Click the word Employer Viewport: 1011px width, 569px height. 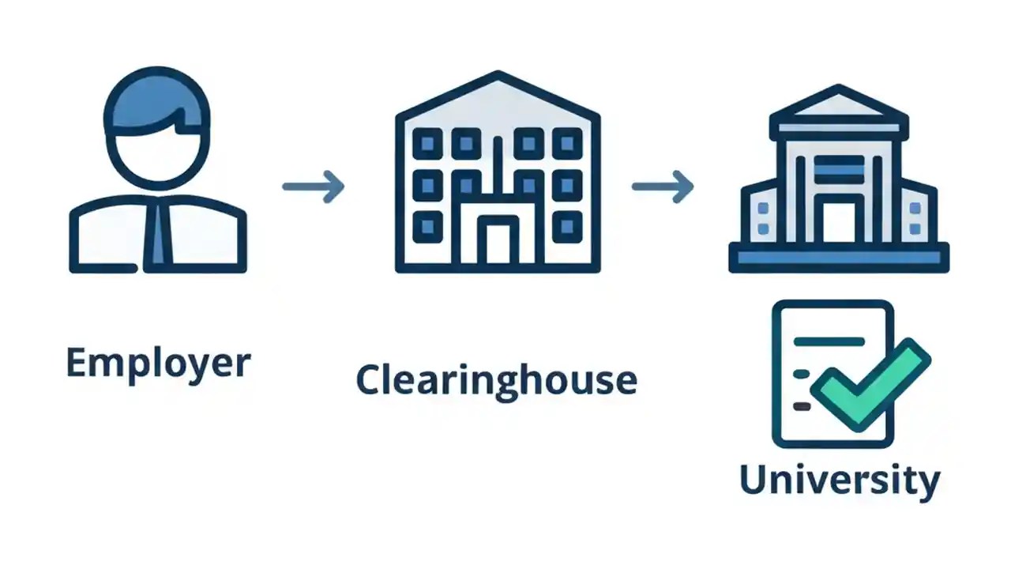coord(158,364)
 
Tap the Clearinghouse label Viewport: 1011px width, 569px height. coord(496,380)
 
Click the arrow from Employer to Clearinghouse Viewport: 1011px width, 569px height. coord(314,187)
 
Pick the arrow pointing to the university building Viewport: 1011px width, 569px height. coord(663,187)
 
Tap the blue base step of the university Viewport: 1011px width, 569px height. coord(839,258)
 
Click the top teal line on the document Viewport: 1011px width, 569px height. coord(829,341)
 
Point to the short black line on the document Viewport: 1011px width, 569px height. coord(802,406)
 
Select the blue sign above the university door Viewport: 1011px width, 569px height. coord(839,169)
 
